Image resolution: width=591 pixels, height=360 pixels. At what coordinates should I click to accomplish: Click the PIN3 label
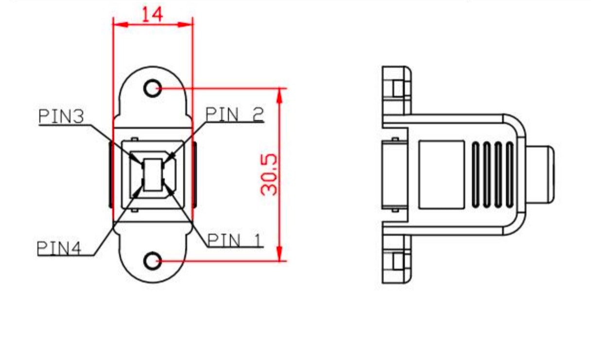pos(61,117)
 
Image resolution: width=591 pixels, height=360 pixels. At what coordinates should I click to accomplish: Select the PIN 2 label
pos(235,115)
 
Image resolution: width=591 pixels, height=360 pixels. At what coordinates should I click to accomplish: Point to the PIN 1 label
pos(235,240)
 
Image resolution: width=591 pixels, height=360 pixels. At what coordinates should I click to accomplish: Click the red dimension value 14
pos(152,14)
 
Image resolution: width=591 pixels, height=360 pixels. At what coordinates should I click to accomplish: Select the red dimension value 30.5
pos(269,175)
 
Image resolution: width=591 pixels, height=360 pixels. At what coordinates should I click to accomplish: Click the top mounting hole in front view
pos(153,88)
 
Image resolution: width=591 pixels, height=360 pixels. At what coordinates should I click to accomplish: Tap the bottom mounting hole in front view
pos(153,260)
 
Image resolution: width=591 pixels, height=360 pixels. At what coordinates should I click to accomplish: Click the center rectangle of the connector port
pos(153,174)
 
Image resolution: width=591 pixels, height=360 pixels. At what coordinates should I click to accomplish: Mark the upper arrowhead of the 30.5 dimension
pos(279,95)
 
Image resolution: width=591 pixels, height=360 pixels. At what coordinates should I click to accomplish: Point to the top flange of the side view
pos(397,90)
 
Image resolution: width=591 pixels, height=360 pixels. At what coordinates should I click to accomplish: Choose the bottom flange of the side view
pos(397,260)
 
